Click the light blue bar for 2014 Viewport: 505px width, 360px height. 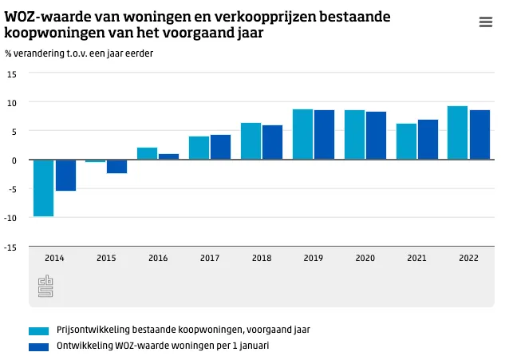coord(44,188)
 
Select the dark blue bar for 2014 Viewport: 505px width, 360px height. coord(65,175)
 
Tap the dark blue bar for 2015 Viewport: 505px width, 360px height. coord(117,166)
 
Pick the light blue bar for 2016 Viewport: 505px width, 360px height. coord(147,153)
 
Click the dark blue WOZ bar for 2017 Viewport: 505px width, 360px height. coord(220,147)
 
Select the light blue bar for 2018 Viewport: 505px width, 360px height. coord(251,141)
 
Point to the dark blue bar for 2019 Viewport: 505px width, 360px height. coord(324,135)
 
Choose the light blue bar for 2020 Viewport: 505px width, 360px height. coord(354,135)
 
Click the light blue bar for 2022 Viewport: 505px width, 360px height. coord(458,133)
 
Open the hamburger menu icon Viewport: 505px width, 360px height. coord(485,22)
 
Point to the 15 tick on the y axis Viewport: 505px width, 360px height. coord(11,74)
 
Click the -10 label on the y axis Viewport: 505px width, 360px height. coord(11,218)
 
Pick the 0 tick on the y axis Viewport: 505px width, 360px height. coord(14,160)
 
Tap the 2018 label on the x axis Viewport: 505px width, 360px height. coord(262,258)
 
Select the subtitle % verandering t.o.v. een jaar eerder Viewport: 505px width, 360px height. coord(79,53)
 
